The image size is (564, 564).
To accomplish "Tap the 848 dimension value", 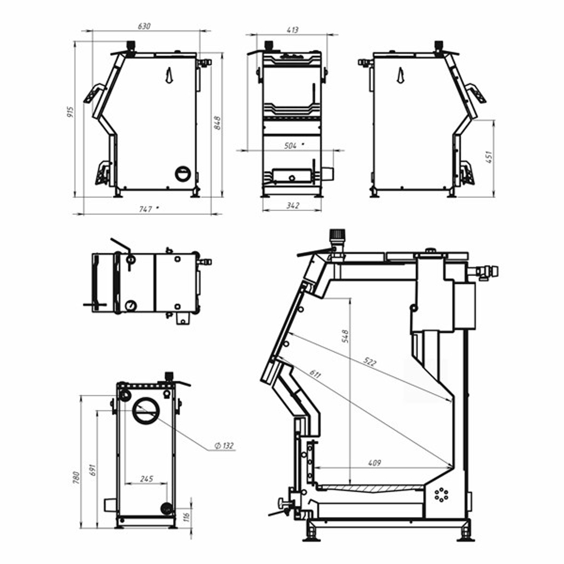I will coord(217,122).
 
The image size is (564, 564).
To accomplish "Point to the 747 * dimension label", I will coord(148,209).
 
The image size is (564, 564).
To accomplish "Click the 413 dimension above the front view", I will coord(292,30).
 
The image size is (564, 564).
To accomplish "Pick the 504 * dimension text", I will coord(293,146).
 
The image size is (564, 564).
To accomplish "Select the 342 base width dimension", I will coord(292,206).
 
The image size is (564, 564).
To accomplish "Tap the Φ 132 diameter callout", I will coord(224,446).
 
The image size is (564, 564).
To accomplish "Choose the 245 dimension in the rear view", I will coord(146,479).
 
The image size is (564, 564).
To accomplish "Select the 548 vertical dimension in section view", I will coord(345,336).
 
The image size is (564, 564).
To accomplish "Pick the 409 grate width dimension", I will coord(374,463).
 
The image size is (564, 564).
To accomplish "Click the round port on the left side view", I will coord(183,174).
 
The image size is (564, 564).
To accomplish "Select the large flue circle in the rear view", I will coord(146,411).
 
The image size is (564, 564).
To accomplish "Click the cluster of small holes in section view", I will coord(440,495).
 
